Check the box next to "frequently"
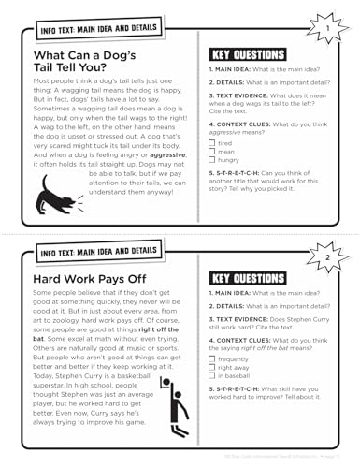click(212, 358)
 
